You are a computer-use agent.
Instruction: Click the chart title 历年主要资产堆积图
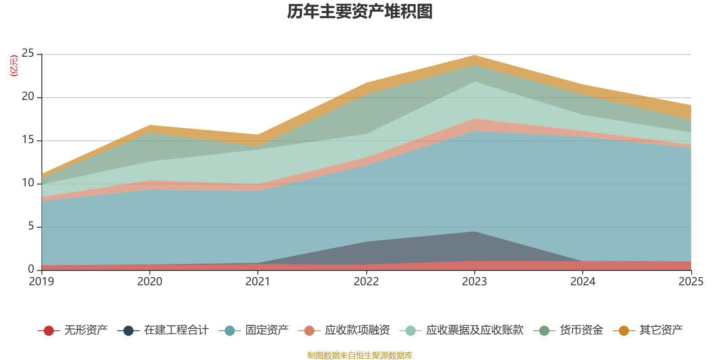tap(360, 12)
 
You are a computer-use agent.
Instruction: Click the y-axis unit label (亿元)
tap(14, 66)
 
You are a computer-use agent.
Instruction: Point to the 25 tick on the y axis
tap(28, 54)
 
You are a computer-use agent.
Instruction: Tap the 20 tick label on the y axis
tap(28, 97)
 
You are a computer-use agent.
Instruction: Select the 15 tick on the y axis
tap(28, 140)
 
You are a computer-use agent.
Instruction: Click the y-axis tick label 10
tap(28, 183)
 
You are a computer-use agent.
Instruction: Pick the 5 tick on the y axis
tap(31, 226)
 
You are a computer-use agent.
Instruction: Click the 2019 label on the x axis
tap(41, 282)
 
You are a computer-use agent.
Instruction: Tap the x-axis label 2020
tap(150, 282)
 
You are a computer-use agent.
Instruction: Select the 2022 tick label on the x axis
tap(366, 282)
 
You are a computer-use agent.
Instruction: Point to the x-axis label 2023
tap(475, 282)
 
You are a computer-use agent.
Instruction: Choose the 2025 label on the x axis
tap(691, 282)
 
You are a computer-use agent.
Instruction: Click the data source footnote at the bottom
tap(360, 355)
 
